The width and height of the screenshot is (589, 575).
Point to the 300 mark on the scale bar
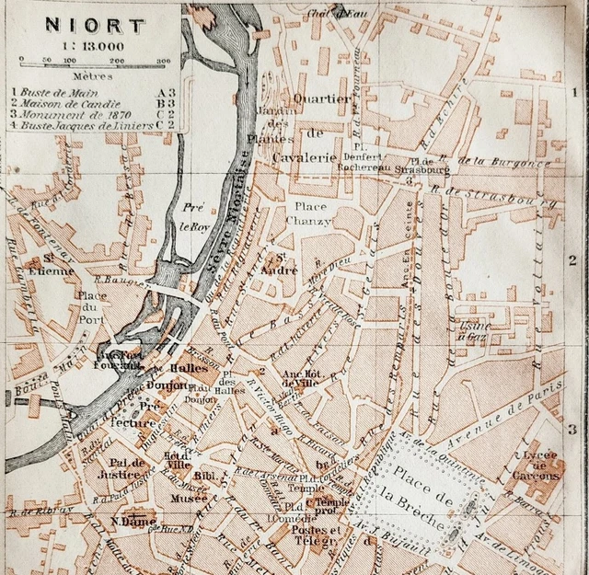pos(163,62)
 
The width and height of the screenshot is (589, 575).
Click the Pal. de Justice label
pos(129,468)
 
